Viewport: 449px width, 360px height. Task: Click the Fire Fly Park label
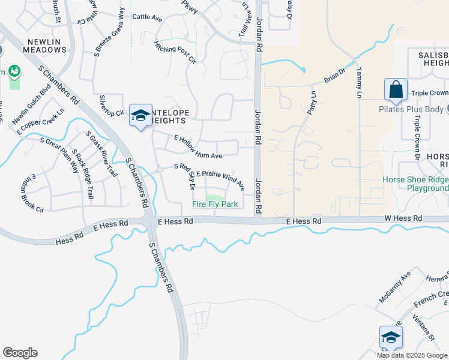[215, 205]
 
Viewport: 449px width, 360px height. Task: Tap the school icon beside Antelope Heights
[140, 115]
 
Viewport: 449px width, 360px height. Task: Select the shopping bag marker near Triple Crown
[396, 90]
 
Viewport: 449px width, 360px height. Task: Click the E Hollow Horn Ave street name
[198, 147]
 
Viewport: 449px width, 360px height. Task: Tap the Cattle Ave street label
[147, 18]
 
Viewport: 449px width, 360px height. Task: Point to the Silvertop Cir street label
[111, 104]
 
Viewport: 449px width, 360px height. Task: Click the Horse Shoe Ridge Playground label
[416, 184]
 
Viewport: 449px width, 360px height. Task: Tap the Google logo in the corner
[20, 353]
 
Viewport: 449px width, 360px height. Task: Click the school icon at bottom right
[390, 337]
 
